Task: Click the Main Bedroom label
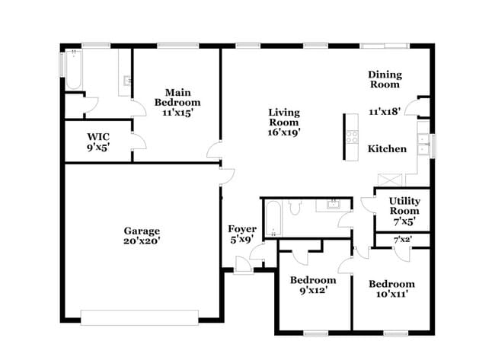pos(177,97)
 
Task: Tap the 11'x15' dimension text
pos(177,112)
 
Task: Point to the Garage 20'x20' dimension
pos(142,241)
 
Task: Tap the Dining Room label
pos(385,79)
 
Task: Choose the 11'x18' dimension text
pos(385,111)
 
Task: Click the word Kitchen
pos(387,149)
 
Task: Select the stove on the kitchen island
pos(352,137)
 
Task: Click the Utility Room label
pos(404,205)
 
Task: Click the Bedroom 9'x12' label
pos(312,285)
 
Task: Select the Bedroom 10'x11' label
pos(391,289)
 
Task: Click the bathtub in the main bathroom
pos(73,70)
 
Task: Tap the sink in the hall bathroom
pos(333,204)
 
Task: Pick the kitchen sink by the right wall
pos(425,145)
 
